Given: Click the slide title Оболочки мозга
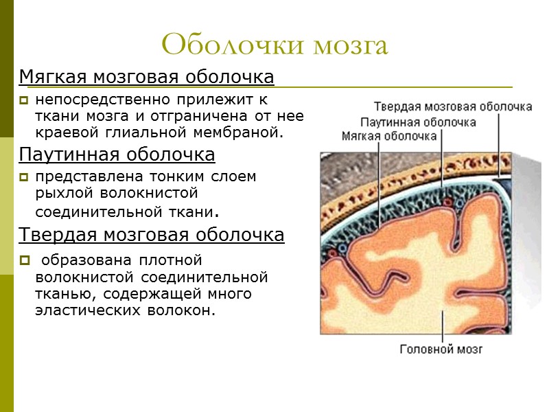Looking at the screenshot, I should coord(274,45).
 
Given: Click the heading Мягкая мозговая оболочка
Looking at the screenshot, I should coord(147,77).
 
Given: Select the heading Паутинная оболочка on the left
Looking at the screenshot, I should coord(117,154).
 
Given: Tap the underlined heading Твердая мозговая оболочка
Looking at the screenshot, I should coord(152,236).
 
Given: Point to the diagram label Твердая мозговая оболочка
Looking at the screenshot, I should coord(453,107).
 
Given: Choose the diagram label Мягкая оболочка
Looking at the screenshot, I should coord(389,136).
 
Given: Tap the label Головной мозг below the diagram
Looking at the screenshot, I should coord(441,350).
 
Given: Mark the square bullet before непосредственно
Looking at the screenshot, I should coord(24,101).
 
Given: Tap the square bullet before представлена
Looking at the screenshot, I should coord(24,177).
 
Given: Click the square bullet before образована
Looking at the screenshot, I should coord(24,261).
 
